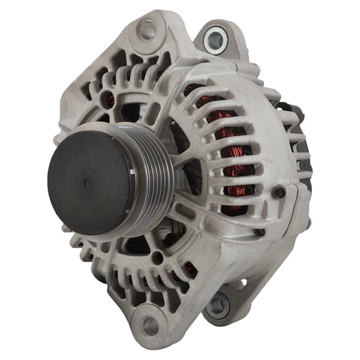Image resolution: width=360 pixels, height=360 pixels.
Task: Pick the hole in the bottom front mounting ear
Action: [150, 326]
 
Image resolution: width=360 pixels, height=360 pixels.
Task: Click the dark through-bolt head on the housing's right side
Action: [279, 192]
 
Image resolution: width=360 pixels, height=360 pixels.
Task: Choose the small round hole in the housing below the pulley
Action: [156, 256]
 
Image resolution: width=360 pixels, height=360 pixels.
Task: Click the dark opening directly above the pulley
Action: [134, 112]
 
